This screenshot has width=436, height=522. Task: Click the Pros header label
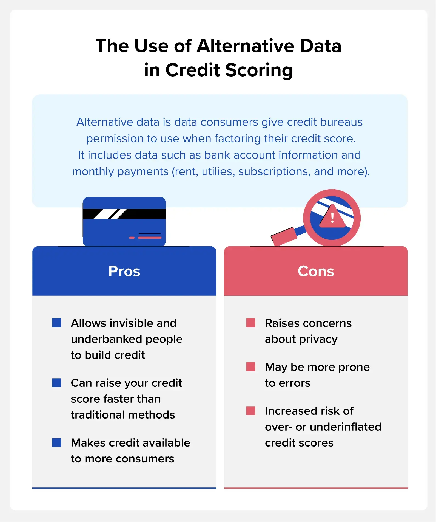coord(124,271)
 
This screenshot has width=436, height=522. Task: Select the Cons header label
coord(316,271)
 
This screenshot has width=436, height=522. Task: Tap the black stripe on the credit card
coord(124,214)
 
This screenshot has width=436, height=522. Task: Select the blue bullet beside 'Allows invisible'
coord(57,323)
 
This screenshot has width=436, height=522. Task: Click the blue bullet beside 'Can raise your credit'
coord(57,383)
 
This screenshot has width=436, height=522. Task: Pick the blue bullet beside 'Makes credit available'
coord(57,442)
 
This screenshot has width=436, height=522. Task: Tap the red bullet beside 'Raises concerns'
coord(251,323)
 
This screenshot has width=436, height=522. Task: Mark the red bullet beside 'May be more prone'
coord(251,367)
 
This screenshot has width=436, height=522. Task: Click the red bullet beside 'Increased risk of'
coord(251,411)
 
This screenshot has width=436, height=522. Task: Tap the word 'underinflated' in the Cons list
coord(346,427)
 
